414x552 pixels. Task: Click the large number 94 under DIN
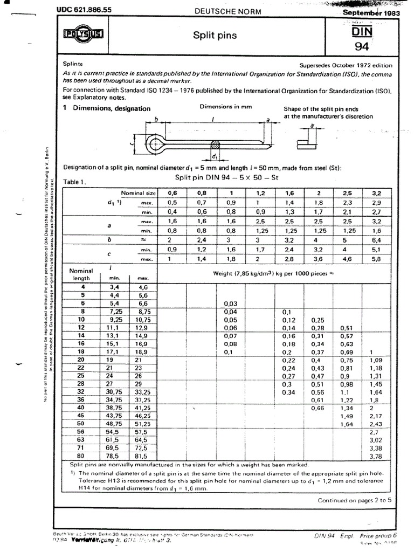click(x=361, y=46)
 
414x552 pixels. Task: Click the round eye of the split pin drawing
click(x=156, y=143)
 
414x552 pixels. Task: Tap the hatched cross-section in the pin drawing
click(x=215, y=144)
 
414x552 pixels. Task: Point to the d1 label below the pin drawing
click(x=215, y=157)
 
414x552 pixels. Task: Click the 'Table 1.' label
click(x=75, y=182)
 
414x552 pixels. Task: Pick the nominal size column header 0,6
click(x=172, y=192)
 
